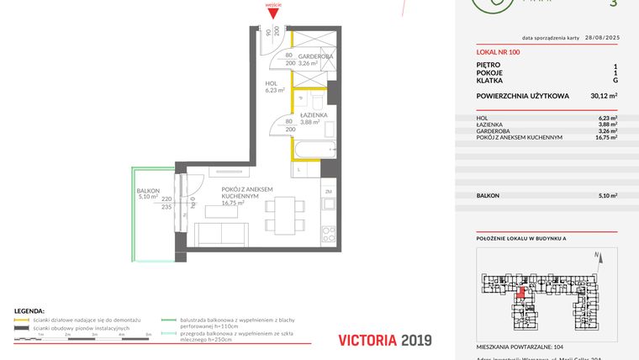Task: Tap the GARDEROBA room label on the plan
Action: click(315, 56)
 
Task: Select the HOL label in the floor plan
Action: click(271, 85)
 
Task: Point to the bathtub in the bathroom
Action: click(314, 151)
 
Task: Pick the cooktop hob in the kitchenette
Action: click(329, 232)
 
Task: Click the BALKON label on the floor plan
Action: click(148, 192)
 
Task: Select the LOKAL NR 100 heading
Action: click(498, 52)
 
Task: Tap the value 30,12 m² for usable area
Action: click(604, 96)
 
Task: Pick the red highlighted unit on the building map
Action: click(521, 293)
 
